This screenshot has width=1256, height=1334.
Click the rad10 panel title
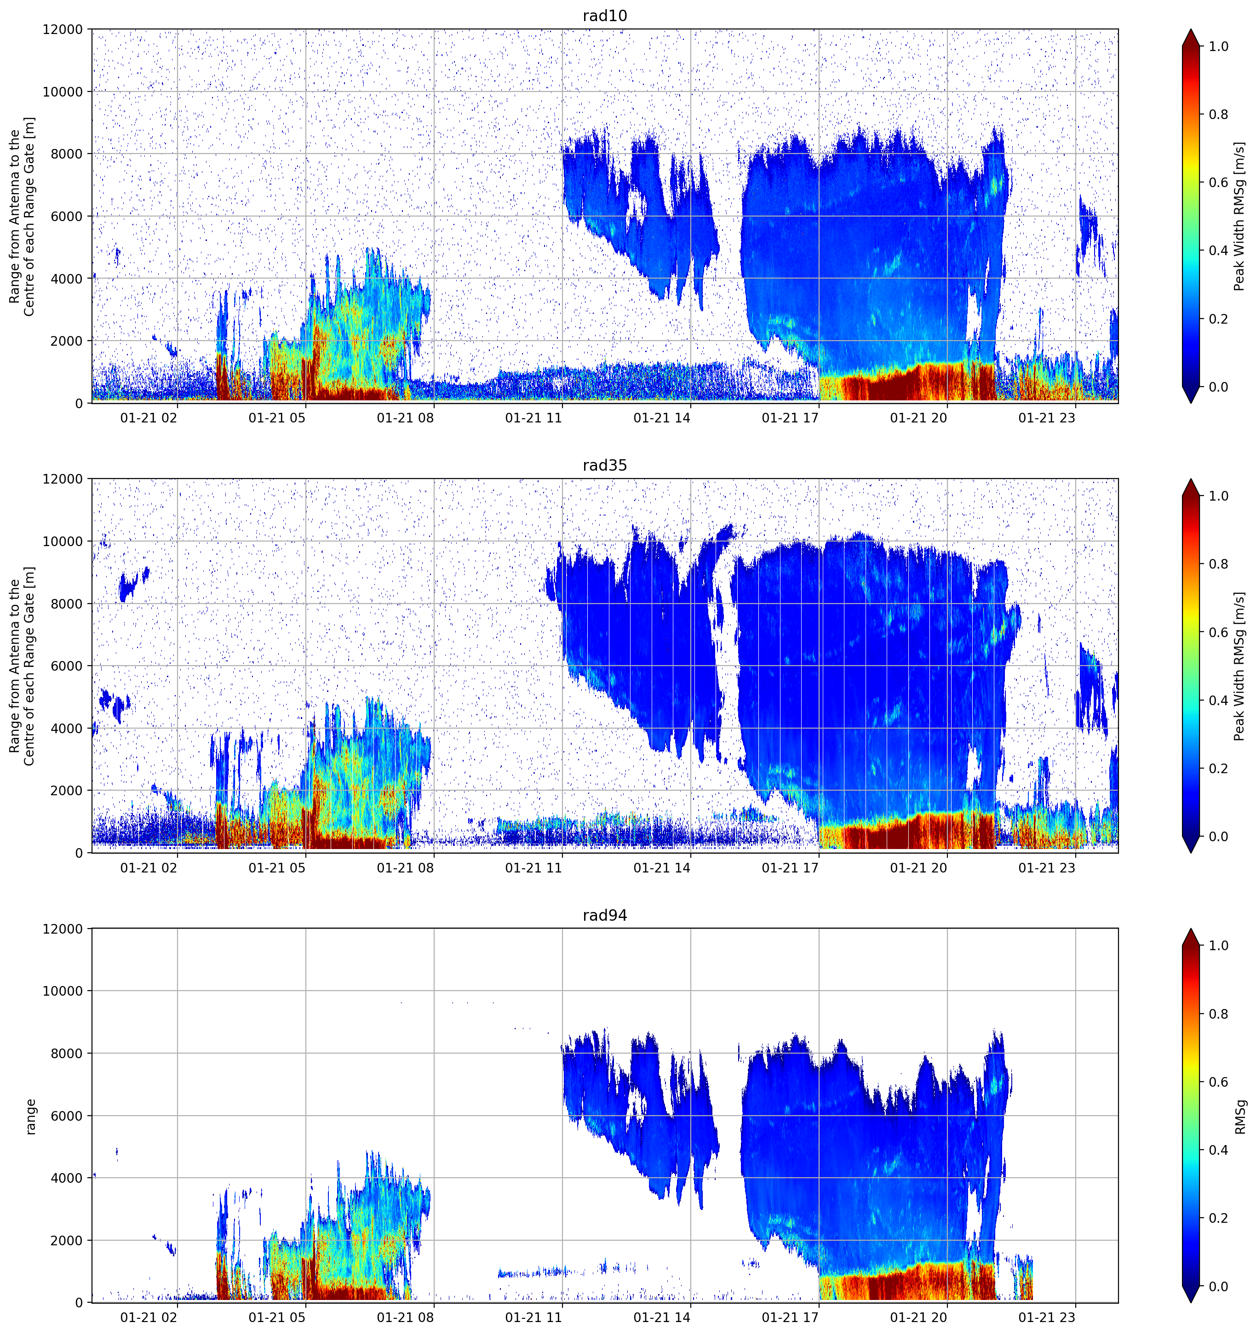[x=605, y=16]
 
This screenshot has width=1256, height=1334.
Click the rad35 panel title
[x=605, y=466]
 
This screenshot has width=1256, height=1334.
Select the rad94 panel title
[x=605, y=915]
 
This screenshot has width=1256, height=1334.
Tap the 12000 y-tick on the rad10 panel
[x=63, y=29]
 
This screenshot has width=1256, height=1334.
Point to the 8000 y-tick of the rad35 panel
[x=67, y=604]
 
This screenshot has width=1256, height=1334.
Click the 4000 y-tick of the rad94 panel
[x=67, y=1178]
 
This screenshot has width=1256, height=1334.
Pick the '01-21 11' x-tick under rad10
[x=533, y=418]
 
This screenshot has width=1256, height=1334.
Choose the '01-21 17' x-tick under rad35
[x=790, y=867]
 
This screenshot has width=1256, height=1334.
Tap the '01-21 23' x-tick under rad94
[x=1047, y=1317]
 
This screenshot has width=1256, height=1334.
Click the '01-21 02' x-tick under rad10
[x=149, y=418]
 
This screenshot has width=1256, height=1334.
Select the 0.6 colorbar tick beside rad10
[x=1218, y=182]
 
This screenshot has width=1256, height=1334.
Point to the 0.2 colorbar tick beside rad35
[x=1218, y=768]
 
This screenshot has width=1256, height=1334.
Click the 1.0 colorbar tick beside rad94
[x=1218, y=946]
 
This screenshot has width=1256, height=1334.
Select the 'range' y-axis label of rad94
[x=30, y=1117]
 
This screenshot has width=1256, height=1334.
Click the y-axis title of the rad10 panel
[x=22, y=216]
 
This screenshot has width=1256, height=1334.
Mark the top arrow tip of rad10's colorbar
[x=1190, y=29]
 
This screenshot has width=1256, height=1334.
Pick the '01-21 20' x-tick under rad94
[x=918, y=1317]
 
